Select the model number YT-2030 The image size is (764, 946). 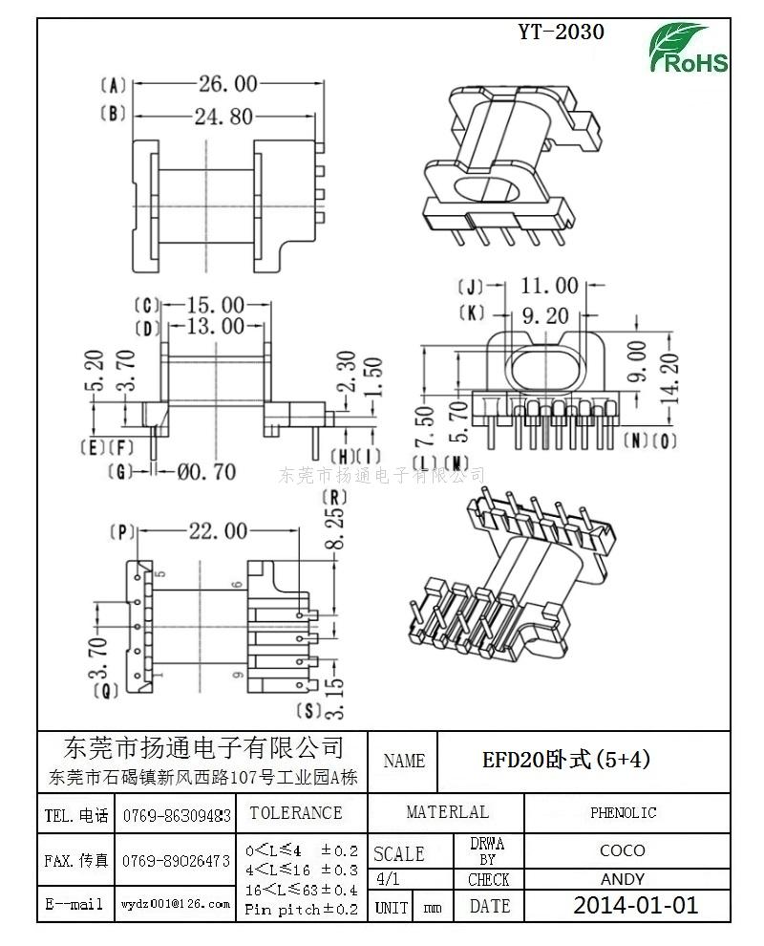561,32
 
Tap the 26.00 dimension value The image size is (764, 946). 227,84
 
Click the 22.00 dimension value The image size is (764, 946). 217,531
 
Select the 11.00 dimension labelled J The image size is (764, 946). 549,285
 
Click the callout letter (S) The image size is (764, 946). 308,710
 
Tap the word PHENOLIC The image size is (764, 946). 623,813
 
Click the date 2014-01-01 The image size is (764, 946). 635,905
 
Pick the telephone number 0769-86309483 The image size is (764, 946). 177,816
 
